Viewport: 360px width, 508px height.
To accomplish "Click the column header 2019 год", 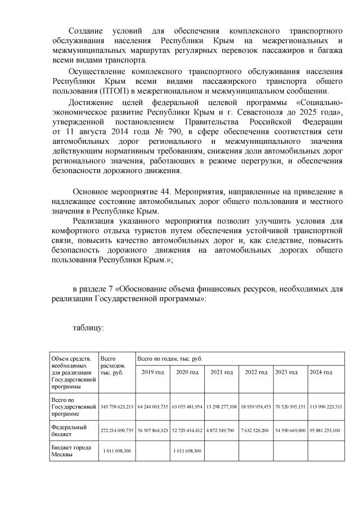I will [153, 373].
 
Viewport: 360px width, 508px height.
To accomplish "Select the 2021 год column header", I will [222, 373].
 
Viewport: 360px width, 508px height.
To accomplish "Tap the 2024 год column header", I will [325, 373].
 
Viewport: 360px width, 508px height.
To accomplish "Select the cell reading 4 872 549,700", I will [222, 432].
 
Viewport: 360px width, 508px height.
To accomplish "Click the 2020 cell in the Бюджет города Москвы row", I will [187, 451].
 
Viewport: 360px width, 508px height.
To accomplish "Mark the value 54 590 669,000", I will [290, 432].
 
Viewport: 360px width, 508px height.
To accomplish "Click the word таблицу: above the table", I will [88, 329].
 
